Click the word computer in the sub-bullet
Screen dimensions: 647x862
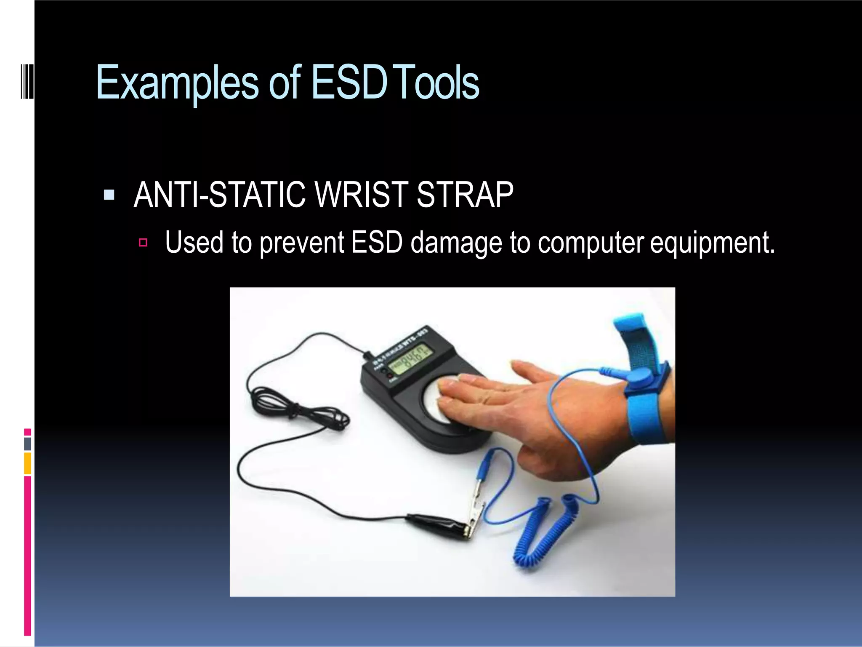591,243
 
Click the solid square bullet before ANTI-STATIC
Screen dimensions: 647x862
109,195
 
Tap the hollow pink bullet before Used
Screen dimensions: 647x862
143,243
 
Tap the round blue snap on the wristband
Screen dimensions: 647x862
642,376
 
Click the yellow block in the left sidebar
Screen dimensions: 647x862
27,463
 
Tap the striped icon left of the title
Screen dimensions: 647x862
27,80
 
